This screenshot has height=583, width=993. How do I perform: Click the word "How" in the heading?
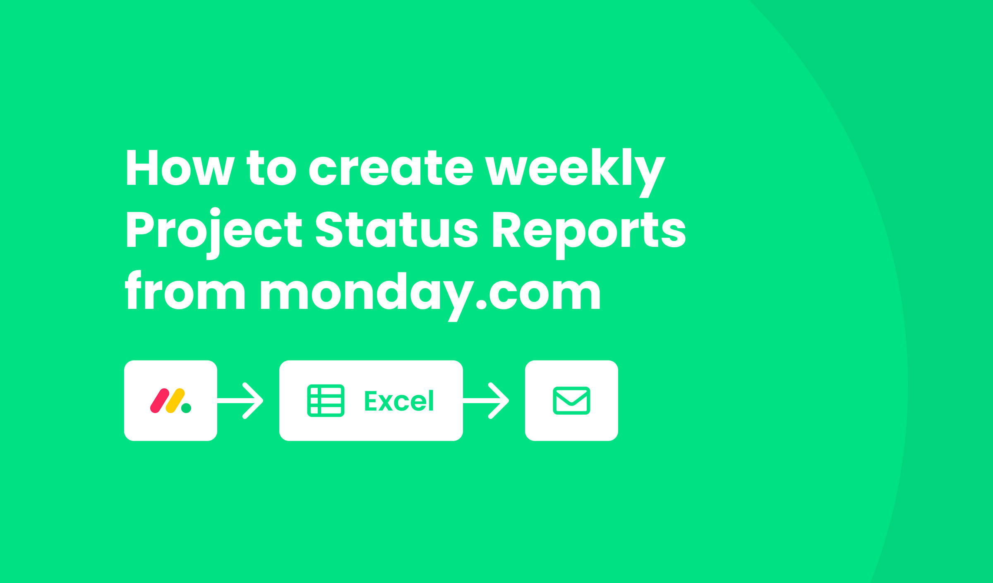[181, 167]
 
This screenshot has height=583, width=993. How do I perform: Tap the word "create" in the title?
[391, 167]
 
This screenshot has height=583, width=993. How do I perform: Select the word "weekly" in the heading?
[575, 173]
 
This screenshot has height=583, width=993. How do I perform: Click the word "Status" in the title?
[397, 229]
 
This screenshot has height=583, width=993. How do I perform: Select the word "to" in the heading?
[271, 167]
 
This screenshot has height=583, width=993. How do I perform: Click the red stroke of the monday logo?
[160, 401]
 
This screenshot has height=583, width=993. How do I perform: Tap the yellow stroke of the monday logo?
[175, 401]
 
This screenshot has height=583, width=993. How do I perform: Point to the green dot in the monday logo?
[186, 408]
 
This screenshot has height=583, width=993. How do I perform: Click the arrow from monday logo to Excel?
[240, 401]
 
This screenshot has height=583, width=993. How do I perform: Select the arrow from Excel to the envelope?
[486, 401]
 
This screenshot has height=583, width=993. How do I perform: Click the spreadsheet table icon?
[326, 401]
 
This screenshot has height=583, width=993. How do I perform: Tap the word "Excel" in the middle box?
[399, 401]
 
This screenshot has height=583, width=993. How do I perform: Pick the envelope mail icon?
[571, 401]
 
